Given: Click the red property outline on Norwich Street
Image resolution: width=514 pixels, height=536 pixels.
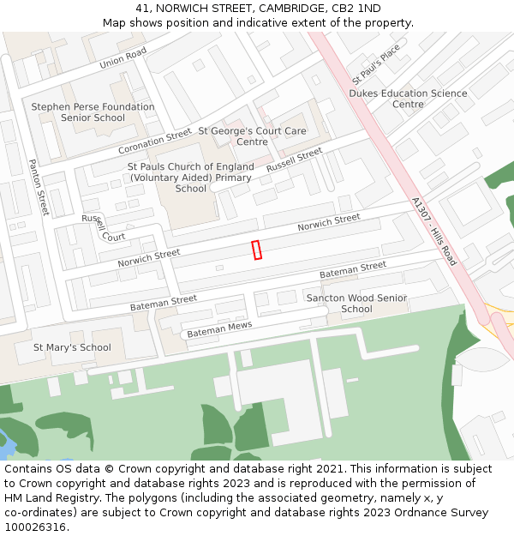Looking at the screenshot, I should click(256, 250).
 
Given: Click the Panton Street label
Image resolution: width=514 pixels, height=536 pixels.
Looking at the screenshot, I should click(39, 187).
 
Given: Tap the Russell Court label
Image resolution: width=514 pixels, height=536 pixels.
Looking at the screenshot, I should click(102, 228).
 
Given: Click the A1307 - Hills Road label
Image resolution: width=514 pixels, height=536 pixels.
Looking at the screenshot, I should click(434, 232).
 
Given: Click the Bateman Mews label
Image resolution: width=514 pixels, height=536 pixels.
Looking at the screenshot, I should click(219, 328).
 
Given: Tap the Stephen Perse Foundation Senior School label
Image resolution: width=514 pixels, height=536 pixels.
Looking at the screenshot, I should click(93, 112).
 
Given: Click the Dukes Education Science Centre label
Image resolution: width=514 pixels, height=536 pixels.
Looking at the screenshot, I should click(408, 99).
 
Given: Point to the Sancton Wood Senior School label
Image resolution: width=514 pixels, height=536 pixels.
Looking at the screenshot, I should click(356, 303).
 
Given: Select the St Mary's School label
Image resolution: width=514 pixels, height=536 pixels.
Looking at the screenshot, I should click(72, 347).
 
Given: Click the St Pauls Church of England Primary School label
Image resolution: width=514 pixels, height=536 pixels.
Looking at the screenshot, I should click(191, 178).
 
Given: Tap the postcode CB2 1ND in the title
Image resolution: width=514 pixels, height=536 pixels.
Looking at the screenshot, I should click(357, 9).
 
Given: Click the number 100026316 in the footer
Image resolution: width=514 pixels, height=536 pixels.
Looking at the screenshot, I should click(36, 527).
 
